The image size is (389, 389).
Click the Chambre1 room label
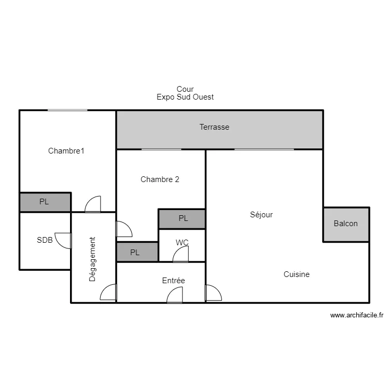point(66,151)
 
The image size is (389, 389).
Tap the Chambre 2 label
point(160,179)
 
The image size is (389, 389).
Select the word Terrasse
point(214,127)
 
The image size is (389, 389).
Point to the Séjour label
point(261,215)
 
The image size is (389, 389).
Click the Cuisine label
point(297,274)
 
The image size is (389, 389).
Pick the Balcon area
point(346,225)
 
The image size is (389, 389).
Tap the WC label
point(182,242)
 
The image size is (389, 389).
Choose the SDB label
point(45,240)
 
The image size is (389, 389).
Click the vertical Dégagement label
point(92,259)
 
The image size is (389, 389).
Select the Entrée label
point(173,281)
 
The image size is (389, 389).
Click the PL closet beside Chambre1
point(45,202)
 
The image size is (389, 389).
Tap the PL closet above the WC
point(182,219)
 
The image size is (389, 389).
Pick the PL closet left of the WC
point(137,252)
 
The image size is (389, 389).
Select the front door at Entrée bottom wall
point(175,295)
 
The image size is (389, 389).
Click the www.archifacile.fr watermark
point(357,315)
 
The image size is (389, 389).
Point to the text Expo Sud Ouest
point(185,97)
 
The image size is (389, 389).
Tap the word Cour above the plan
point(185,89)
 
